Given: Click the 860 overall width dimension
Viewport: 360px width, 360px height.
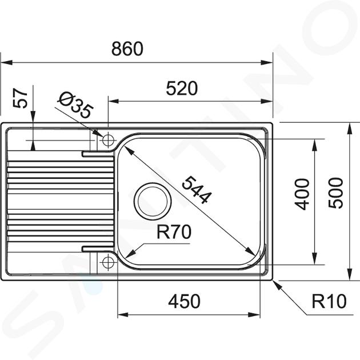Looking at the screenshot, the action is (127, 49).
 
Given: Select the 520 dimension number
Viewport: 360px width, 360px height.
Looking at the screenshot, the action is (182, 89).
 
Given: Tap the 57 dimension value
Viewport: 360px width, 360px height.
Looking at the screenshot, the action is (20, 98).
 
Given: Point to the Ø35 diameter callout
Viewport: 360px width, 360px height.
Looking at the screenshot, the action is (75, 105).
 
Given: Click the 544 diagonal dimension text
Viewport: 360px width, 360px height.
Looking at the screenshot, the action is (196, 190).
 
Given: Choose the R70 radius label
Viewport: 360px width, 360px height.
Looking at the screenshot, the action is (174, 232).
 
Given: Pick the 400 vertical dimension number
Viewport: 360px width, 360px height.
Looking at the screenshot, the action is (302, 194).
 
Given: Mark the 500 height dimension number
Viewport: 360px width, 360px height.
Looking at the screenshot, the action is (335, 193).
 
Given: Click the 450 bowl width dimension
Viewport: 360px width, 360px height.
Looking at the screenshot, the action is (184, 301).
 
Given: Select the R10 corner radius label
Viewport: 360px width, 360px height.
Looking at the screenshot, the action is (329, 301).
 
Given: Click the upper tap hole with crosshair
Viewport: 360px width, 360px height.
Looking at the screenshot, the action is (108, 140).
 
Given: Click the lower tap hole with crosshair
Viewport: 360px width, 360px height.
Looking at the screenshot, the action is (108, 262).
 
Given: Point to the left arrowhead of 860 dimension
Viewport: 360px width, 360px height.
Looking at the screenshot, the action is (6, 62).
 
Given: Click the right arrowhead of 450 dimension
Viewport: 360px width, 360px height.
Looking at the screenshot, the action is (254, 314).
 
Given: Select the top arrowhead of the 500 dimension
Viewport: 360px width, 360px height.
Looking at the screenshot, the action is (350, 129).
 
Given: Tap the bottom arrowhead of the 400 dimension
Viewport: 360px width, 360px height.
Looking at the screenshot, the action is (315, 258).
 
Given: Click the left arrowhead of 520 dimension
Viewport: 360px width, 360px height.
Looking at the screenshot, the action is (114, 101).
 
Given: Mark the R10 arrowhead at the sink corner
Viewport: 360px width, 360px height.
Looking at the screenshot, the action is (277, 285).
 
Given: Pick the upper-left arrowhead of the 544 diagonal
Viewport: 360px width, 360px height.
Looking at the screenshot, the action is (129, 151).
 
